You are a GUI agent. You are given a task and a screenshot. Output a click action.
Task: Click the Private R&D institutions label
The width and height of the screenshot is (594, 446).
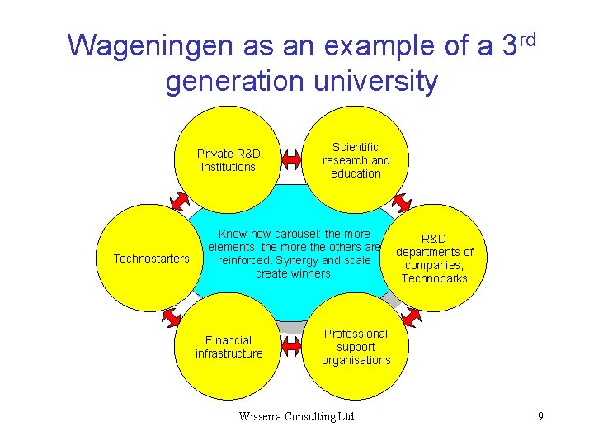229,160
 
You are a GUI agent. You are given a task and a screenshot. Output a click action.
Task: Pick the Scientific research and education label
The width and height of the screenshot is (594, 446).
356,160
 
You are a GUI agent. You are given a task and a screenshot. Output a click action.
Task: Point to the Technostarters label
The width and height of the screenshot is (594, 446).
151,259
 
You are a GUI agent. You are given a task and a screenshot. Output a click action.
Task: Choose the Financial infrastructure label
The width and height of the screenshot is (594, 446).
229,347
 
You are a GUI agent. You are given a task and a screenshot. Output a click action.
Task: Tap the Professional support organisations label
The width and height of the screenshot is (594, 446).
356,347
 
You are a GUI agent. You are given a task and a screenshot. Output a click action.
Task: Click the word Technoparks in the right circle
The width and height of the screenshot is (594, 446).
434,278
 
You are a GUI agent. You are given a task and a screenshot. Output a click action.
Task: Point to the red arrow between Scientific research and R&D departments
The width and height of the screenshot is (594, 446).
402,202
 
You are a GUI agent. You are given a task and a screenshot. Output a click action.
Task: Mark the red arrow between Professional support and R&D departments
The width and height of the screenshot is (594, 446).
412,314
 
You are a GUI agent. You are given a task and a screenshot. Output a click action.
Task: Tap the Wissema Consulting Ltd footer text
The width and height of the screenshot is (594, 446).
296,416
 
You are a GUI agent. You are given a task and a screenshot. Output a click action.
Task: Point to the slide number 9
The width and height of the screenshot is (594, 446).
540,416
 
